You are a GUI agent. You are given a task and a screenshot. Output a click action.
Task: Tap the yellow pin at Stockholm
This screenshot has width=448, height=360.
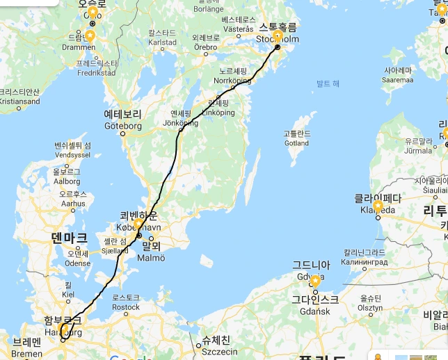click(x=278, y=37)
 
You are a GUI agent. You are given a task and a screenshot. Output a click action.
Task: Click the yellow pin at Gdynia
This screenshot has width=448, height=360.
click(x=314, y=281)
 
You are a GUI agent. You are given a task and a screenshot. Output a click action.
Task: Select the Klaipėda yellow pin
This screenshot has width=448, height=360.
click(x=378, y=206)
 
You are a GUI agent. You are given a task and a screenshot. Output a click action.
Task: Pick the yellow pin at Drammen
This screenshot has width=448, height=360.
click(x=90, y=36)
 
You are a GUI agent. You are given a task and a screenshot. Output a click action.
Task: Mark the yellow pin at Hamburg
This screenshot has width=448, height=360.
click(x=63, y=329)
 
